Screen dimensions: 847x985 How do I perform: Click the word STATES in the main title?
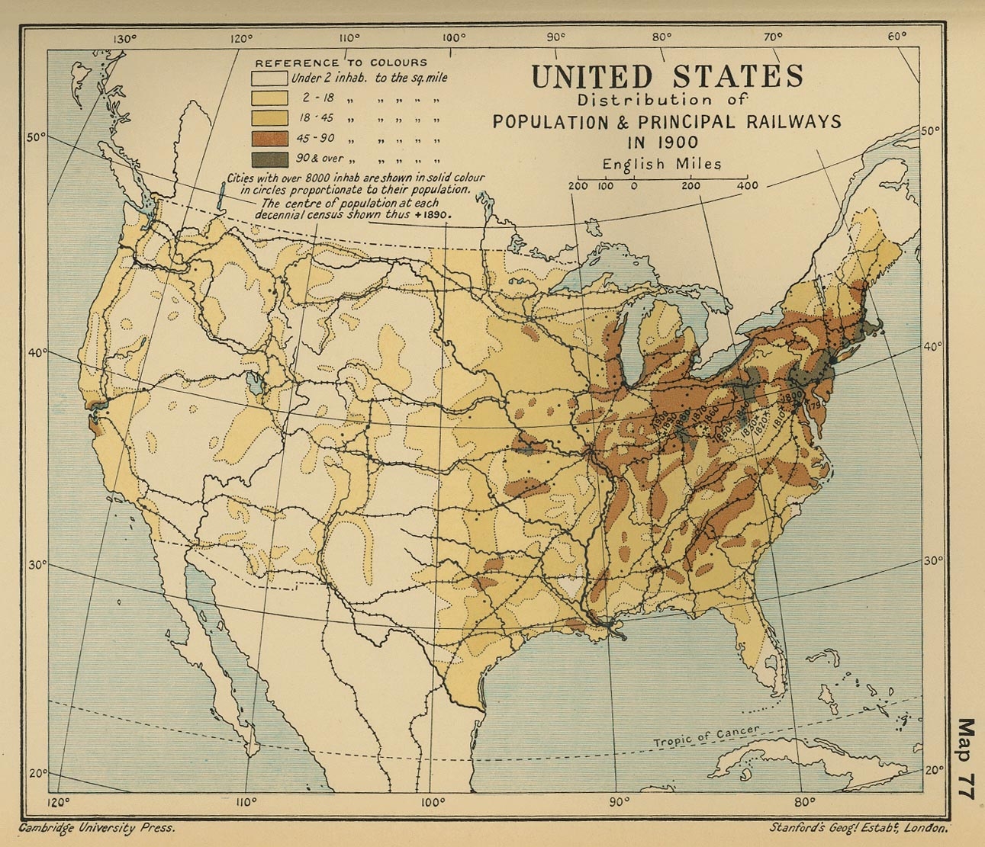click(x=738, y=77)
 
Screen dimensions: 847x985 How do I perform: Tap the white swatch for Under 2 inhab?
click(x=270, y=78)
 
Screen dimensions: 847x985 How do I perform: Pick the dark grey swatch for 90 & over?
click(x=270, y=159)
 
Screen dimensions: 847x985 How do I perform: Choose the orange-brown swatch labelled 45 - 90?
click(x=270, y=139)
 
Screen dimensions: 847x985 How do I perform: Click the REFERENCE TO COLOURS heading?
click(x=341, y=63)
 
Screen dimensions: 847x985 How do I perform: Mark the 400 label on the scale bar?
click(x=748, y=185)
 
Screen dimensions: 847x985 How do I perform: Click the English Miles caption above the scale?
click(x=661, y=164)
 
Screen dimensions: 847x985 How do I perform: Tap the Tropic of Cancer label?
click(x=706, y=736)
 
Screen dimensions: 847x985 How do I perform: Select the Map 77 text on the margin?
click(x=967, y=758)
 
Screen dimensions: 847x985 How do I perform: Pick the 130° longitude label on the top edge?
click(x=124, y=40)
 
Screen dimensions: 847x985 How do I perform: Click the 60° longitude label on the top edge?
click(x=897, y=35)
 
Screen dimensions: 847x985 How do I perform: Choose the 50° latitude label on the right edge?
click(x=930, y=131)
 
